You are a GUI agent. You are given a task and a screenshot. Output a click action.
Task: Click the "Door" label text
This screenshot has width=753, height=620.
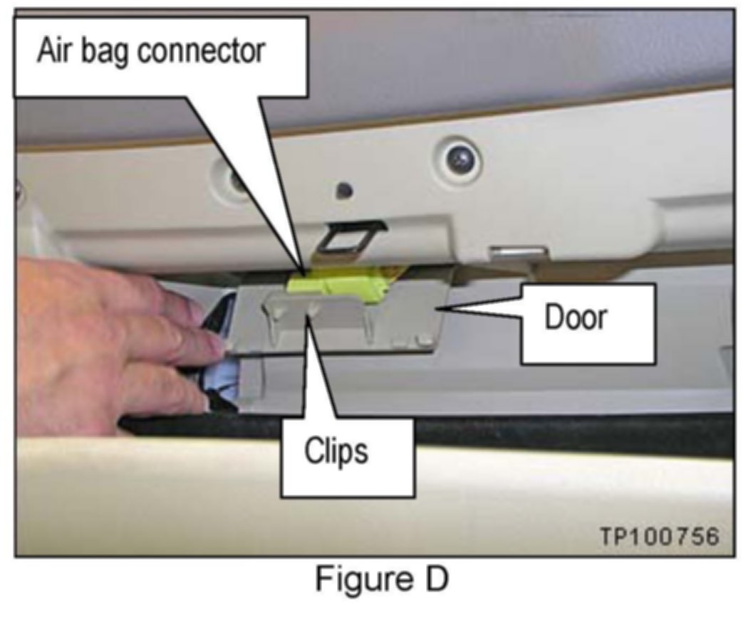click(576, 317)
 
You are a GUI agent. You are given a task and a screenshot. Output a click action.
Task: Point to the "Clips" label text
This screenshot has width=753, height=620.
click(337, 451)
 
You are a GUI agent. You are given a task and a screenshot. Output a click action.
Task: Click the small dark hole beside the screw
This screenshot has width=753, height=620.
click(346, 190)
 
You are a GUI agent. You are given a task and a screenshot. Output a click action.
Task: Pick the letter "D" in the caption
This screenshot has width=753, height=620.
click(436, 580)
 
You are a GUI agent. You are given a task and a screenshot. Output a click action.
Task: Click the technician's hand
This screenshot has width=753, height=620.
click(107, 342)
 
